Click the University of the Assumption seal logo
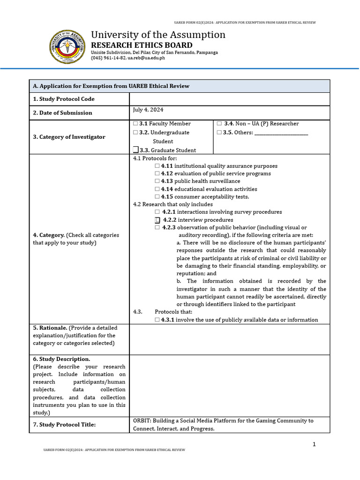(68, 47)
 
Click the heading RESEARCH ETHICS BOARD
(142, 45)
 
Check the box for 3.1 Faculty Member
(135, 124)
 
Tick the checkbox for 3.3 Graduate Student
(135, 150)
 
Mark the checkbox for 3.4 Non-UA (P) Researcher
(219, 124)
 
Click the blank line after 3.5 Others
(281, 133)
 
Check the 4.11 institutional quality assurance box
(157, 166)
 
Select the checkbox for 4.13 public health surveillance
(157, 181)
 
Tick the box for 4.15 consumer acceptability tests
(157, 197)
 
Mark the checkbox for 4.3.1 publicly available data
(157, 320)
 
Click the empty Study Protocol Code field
(229, 99)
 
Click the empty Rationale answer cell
(229, 339)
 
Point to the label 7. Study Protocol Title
(64, 425)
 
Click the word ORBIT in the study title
(142, 421)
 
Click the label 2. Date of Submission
(62, 113)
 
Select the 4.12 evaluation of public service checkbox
(157, 174)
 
